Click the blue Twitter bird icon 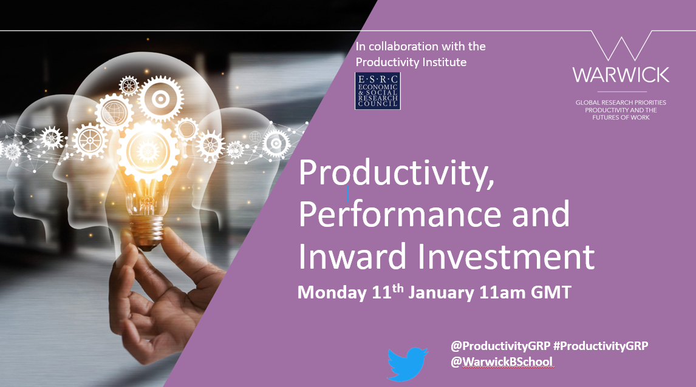point(407,364)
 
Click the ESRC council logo point(378,91)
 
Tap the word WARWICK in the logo point(621,75)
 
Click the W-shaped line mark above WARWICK point(621,45)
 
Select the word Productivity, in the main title point(397,173)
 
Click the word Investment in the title point(506,256)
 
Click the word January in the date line point(441,293)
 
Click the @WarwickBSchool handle point(502,362)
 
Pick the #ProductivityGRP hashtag point(601,346)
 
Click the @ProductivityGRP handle point(500,346)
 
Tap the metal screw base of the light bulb point(148,231)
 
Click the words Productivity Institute point(411,62)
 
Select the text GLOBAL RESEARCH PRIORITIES point(621,103)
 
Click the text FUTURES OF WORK point(621,118)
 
